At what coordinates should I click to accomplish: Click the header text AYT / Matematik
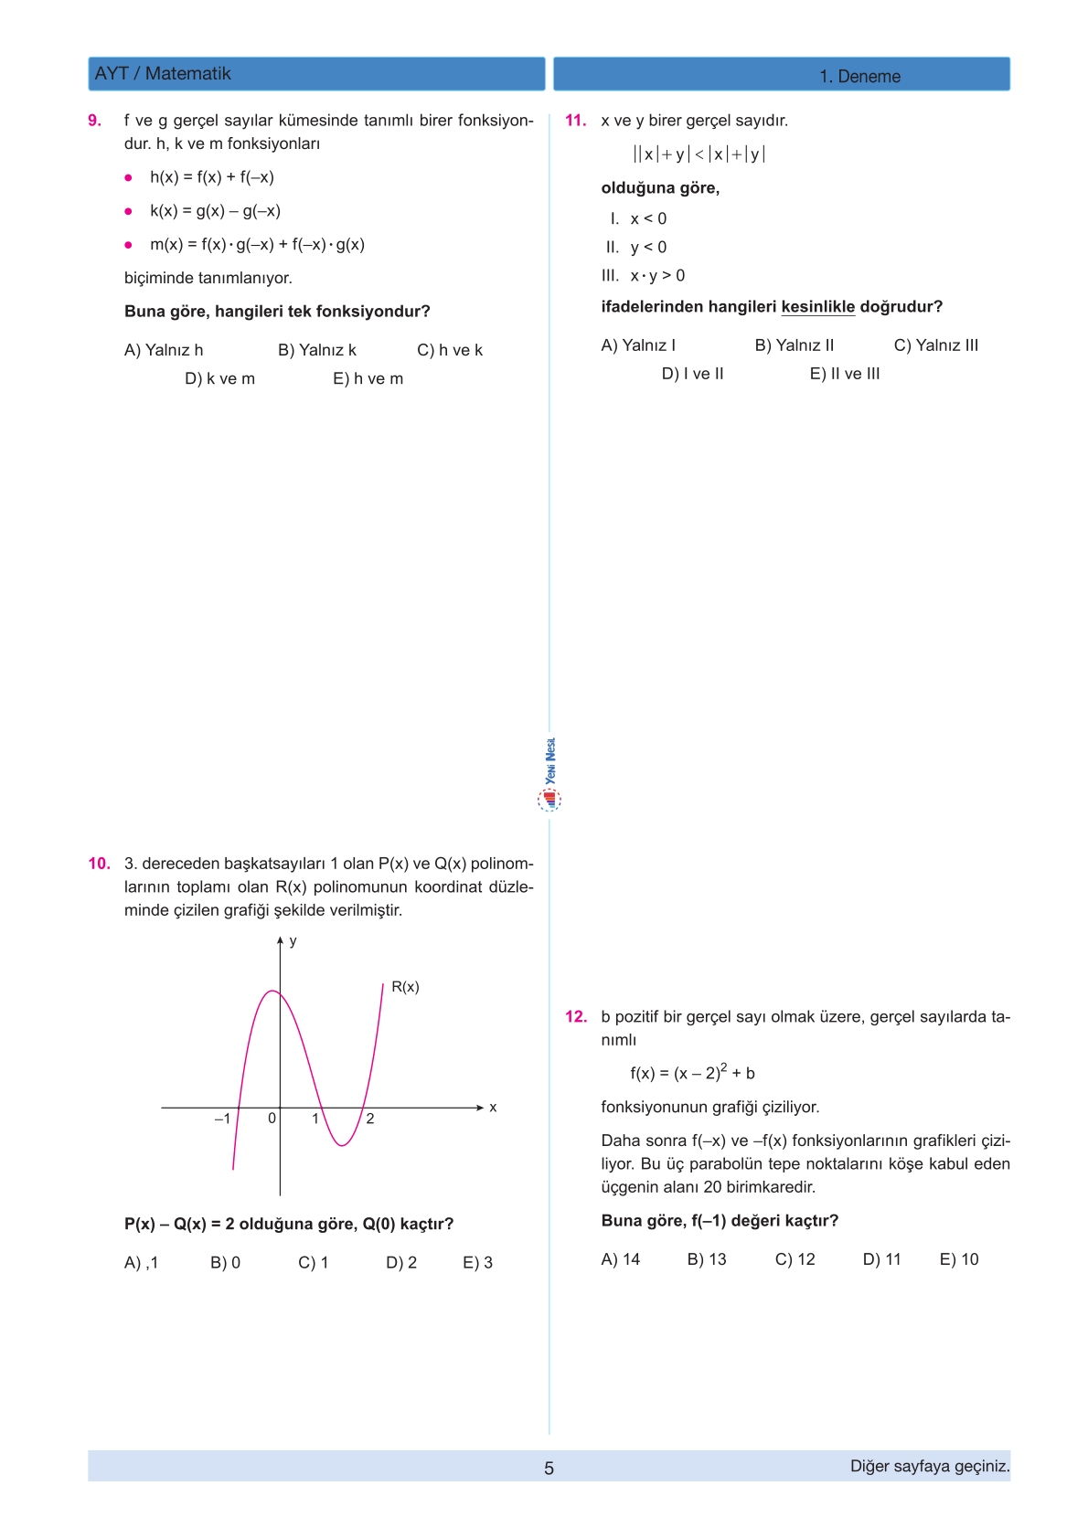163,74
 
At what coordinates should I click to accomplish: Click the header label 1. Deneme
859,77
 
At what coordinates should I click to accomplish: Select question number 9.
94,121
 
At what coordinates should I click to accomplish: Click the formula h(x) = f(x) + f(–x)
212,177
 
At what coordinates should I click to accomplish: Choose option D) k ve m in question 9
219,378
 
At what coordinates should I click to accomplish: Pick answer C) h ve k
449,350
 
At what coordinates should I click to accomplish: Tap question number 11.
575,121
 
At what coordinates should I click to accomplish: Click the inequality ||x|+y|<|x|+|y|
699,154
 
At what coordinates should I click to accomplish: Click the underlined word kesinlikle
817,307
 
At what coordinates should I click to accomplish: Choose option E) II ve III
844,374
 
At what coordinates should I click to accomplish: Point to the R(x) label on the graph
405,987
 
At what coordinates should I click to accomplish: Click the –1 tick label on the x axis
222,1119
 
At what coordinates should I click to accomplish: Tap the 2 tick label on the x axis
370,1119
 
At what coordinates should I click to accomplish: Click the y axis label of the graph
293,941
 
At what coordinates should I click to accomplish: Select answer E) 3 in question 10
477,1263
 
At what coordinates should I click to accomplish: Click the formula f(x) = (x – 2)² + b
692,1073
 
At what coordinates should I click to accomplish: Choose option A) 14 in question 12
620,1259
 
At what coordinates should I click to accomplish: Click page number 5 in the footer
549,1469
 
